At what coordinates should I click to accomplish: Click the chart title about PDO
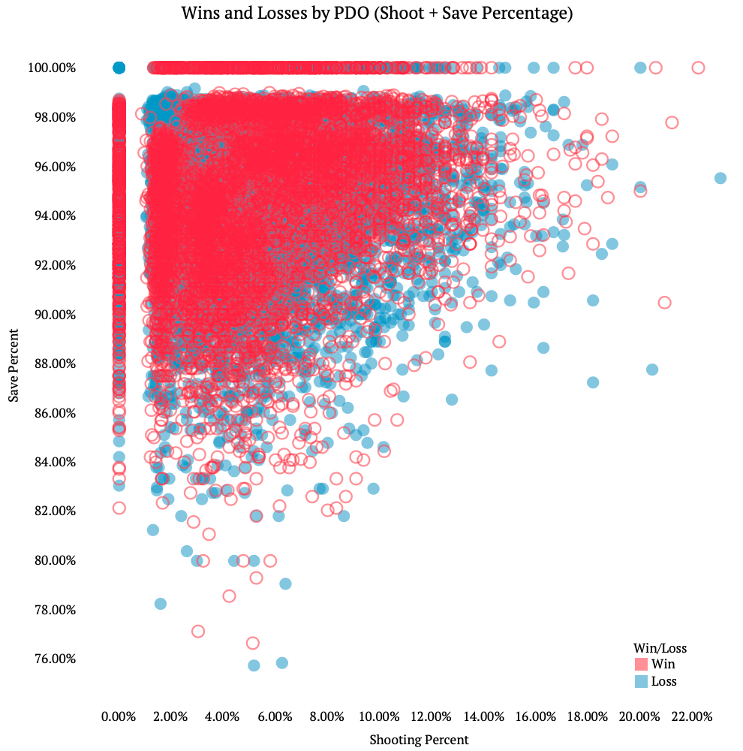[378, 14]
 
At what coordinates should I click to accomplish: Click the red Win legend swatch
[641, 664]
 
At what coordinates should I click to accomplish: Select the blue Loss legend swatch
[641, 682]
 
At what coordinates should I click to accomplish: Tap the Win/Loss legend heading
[660, 647]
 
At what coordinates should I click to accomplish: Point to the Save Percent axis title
[14, 363]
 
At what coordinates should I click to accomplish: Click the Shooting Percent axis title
[419, 740]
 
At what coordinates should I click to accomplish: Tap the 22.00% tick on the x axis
[691, 716]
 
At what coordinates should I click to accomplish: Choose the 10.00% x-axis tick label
[379, 716]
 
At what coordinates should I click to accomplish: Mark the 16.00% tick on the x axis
[535, 716]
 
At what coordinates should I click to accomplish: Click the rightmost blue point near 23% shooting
[720, 178]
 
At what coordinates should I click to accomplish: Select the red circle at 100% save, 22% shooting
[698, 68]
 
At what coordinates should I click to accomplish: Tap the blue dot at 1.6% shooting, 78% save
[161, 604]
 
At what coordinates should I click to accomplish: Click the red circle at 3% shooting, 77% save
[198, 632]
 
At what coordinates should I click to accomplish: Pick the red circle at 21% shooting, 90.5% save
[664, 303]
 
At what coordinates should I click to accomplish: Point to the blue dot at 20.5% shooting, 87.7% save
[652, 369]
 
